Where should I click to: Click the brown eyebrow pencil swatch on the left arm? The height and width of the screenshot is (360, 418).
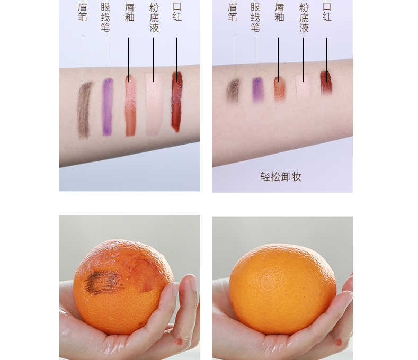[84, 110]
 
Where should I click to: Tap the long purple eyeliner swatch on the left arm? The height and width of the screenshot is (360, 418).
[107, 107]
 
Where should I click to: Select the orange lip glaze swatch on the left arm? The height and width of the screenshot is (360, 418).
[130, 106]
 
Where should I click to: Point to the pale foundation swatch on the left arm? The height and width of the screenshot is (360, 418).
[154, 104]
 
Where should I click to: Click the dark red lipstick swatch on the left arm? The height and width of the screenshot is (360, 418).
[177, 102]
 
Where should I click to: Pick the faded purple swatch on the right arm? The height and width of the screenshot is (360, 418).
[258, 89]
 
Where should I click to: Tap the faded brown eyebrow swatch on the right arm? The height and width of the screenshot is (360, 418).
[233, 91]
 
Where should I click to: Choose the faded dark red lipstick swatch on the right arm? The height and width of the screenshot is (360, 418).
[326, 83]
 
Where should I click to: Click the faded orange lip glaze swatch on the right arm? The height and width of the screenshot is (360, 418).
[280, 88]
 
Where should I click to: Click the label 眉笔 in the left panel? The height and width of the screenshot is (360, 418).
[83, 12]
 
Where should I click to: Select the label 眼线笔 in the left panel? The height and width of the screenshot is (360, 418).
[105, 17]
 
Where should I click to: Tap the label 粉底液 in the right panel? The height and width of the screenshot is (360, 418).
[304, 17]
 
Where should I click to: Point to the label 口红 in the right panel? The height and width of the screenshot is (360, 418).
[327, 12]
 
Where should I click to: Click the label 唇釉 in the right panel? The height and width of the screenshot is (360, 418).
[279, 12]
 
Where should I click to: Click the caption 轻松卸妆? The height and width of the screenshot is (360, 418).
[281, 176]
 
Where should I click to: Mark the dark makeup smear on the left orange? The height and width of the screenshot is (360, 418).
[103, 282]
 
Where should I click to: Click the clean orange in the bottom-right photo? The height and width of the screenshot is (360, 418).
[282, 289]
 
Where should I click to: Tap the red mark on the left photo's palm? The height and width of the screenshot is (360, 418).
[180, 341]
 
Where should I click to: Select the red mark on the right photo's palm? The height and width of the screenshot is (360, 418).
[339, 342]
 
